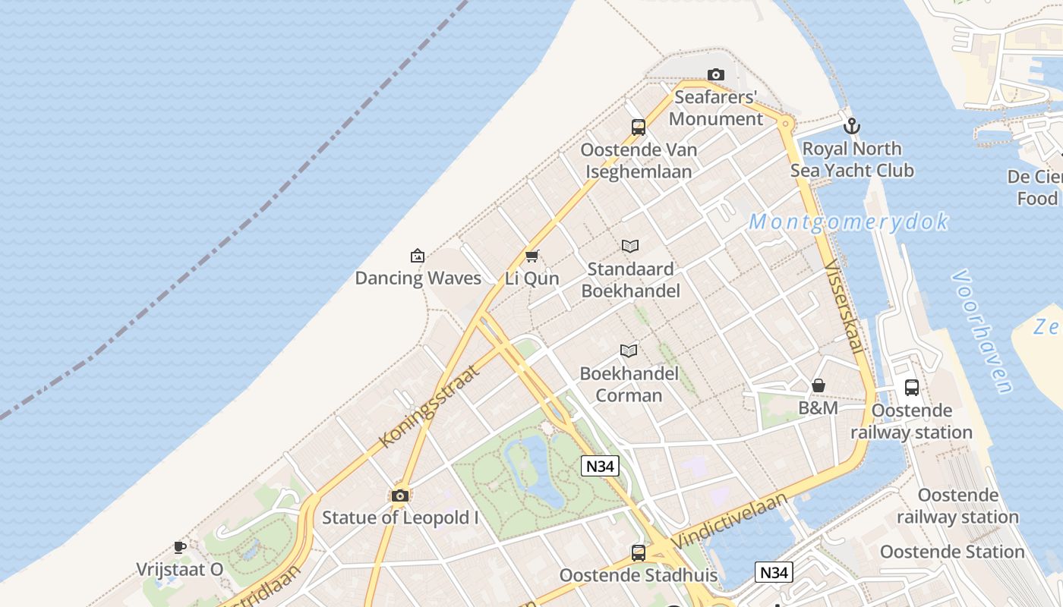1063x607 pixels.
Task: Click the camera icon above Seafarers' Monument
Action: click(x=715, y=74)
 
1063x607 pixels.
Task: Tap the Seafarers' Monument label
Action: click(x=715, y=108)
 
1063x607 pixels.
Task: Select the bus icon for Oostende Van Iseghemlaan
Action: click(x=638, y=127)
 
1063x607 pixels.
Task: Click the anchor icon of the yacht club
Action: click(x=852, y=126)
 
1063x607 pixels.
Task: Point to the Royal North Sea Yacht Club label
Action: click(x=852, y=159)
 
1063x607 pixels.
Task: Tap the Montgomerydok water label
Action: click(x=848, y=222)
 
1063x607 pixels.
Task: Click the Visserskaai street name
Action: click(x=844, y=307)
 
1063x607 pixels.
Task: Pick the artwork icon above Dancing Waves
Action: click(x=417, y=256)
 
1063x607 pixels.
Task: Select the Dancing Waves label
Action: click(x=418, y=278)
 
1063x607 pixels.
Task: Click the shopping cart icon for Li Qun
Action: click(x=531, y=256)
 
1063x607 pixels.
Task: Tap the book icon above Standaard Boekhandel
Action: click(x=630, y=246)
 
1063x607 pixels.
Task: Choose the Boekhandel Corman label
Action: click(x=629, y=384)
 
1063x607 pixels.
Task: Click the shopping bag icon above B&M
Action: click(x=818, y=386)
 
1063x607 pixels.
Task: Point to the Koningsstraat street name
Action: click(x=430, y=406)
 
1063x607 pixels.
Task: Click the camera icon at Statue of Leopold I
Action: click(x=399, y=496)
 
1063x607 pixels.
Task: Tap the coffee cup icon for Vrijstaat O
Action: click(x=179, y=547)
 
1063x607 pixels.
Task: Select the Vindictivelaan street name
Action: click(x=730, y=520)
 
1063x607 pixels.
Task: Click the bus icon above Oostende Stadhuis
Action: click(x=638, y=552)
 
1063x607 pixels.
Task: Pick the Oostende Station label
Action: click(x=952, y=552)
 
